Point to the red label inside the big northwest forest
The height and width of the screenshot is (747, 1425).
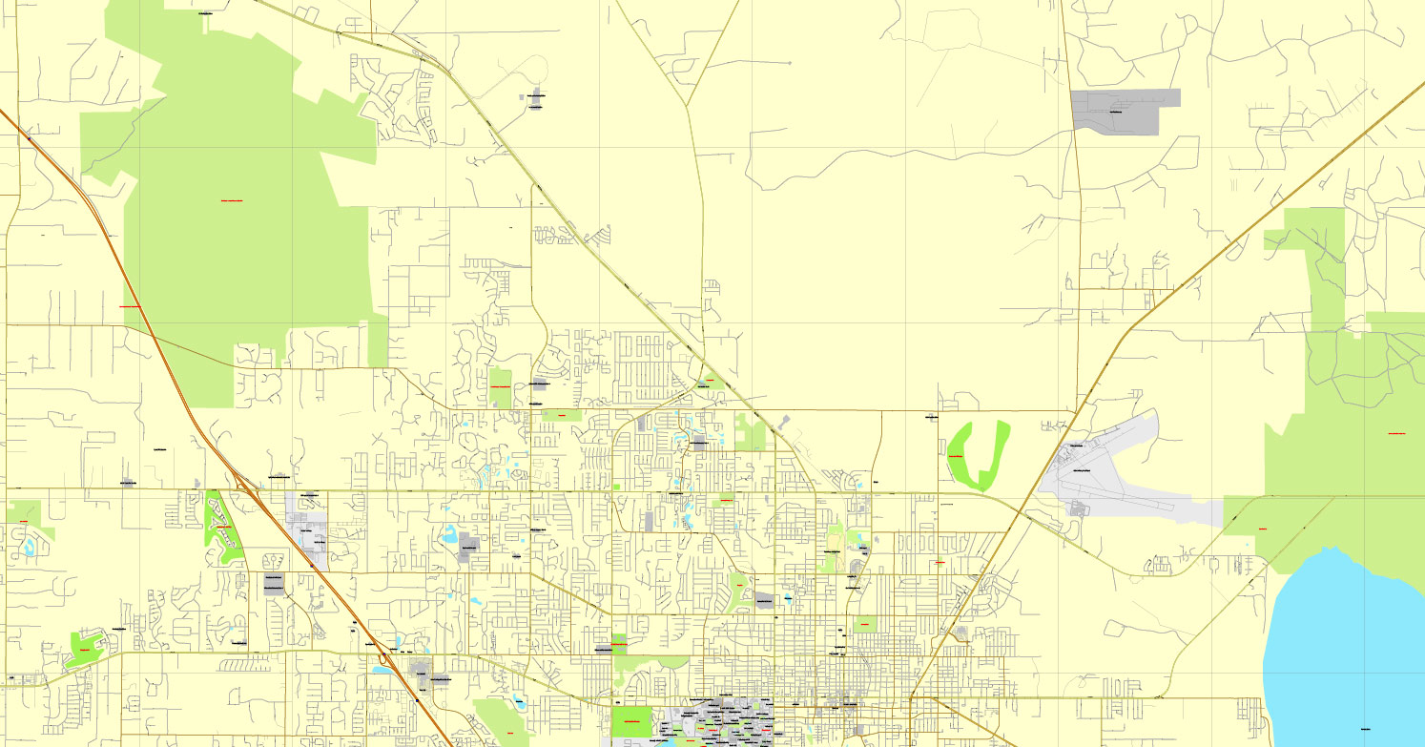(232, 201)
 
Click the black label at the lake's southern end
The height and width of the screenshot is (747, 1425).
(1366, 728)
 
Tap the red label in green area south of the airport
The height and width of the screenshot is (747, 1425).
(1263, 528)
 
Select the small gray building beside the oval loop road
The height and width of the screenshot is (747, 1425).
(536, 96)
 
